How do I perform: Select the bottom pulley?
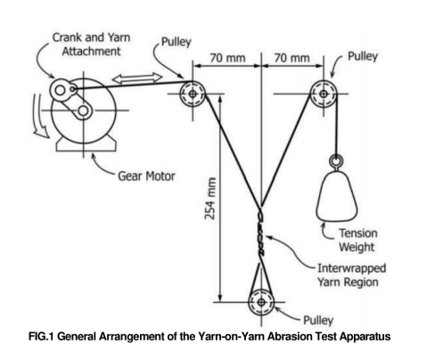tap(261, 302)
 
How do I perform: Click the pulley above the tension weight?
tap(324, 94)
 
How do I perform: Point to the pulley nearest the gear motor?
tap(193, 94)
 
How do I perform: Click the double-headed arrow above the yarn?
tap(137, 78)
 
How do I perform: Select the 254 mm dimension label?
tap(210, 198)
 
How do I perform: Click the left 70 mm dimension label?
tap(227, 58)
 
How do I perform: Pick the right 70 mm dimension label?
tap(291, 58)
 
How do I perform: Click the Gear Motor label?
tap(146, 176)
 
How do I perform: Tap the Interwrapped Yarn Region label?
tap(351, 275)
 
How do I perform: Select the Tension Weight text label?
tap(358, 240)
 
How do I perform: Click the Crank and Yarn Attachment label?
tap(92, 45)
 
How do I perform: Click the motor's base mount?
tap(86, 143)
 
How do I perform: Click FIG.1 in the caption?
tap(41, 337)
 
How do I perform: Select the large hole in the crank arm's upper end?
tap(61, 90)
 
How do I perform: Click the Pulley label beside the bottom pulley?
tap(318, 321)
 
